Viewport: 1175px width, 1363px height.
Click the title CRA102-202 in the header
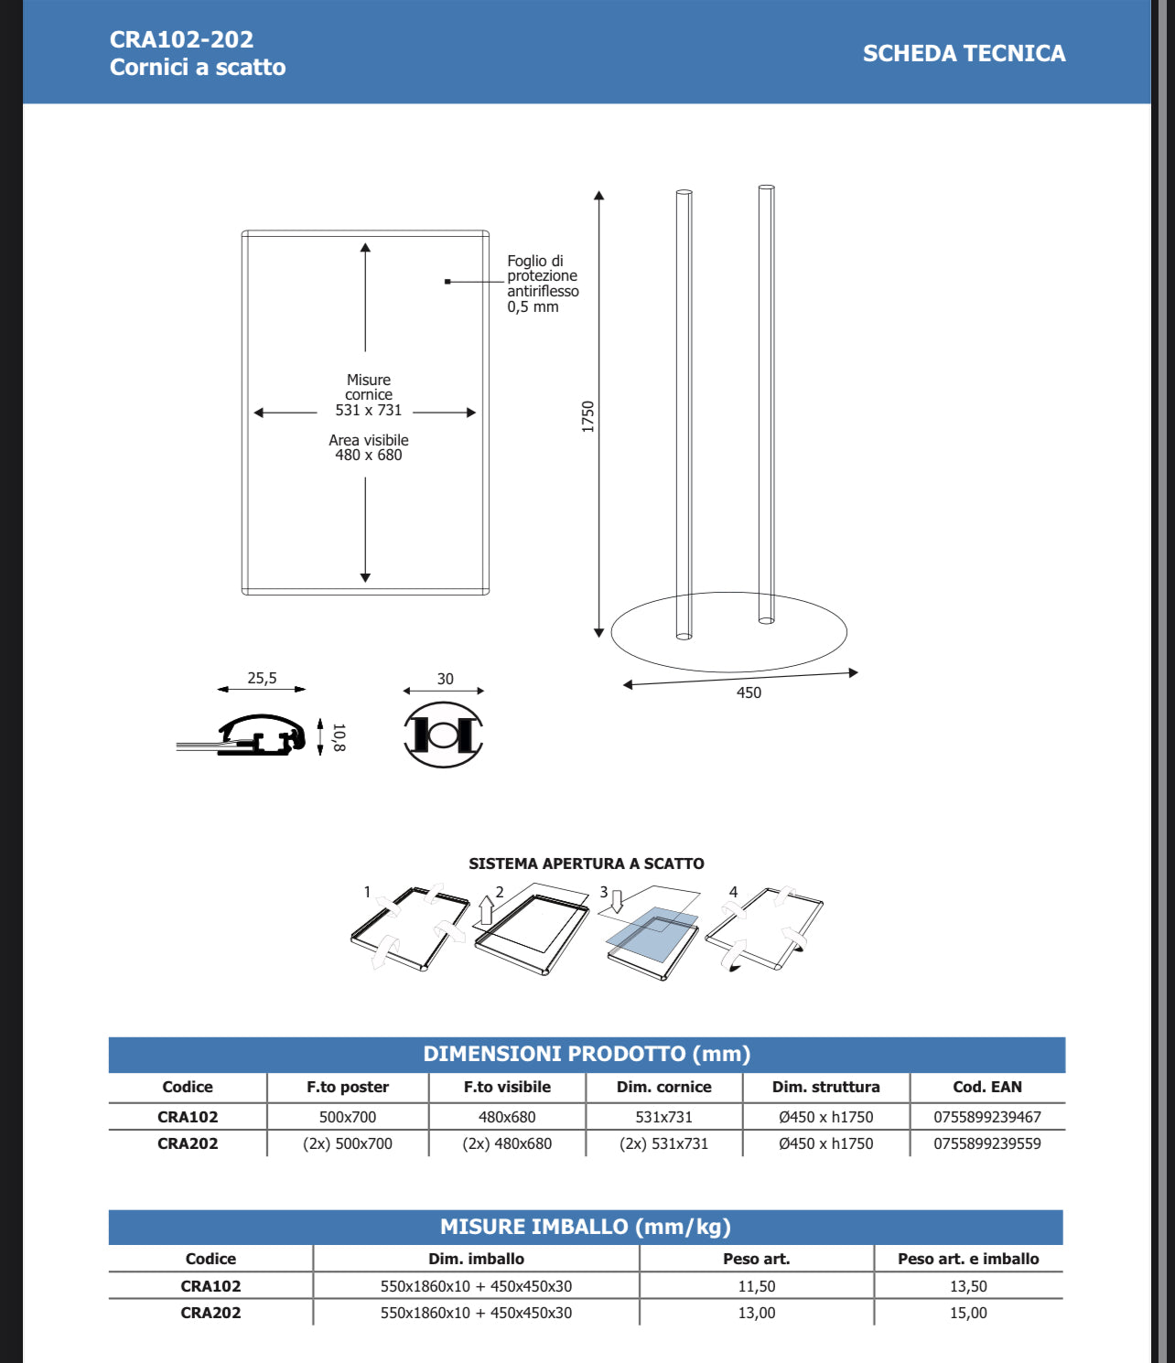pyautogui.click(x=181, y=39)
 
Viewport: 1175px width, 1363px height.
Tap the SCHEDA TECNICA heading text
pyautogui.click(x=964, y=54)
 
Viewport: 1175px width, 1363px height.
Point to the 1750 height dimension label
pyautogui.click(x=587, y=417)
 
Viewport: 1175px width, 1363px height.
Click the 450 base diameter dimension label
pyautogui.click(x=749, y=692)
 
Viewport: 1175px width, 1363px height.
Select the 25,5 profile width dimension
pyautogui.click(x=262, y=678)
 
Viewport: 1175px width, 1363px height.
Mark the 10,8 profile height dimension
pyautogui.click(x=339, y=737)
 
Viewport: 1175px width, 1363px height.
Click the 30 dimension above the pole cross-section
pyautogui.click(x=445, y=679)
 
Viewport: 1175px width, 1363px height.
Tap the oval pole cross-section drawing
pyautogui.click(x=444, y=735)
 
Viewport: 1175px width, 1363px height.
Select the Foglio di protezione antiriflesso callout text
pyautogui.click(x=543, y=284)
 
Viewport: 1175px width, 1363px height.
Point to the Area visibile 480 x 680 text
pyautogui.click(x=368, y=447)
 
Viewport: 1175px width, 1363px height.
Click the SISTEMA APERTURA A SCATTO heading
pyautogui.click(x=586, y=864)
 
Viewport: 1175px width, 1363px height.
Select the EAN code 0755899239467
pyautogui.click(x=986, y=1117)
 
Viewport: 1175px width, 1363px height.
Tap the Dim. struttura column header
pyautogui.click(x=825, y=1087)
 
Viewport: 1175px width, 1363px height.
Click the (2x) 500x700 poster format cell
pyautogui.click(x=347, y=1143)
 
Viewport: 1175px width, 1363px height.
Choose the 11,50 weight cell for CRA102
pyautogui.click(x=756, y=1286)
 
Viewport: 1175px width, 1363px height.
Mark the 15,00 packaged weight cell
pyautogui.click(x=967, y=1313)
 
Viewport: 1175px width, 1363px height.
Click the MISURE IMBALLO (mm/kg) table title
pyautogui.click(x=586, y=1227)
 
